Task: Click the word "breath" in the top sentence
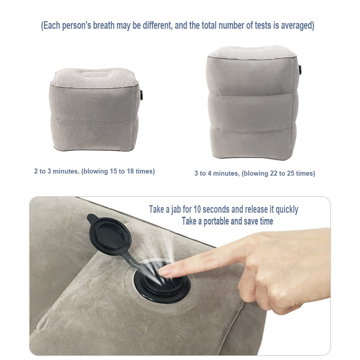[104, 25]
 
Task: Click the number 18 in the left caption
[130, 171]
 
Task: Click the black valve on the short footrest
[141, 95]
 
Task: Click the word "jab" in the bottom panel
[176, 210]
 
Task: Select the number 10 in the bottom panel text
[197, 210]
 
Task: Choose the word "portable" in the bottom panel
[216, 221]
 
